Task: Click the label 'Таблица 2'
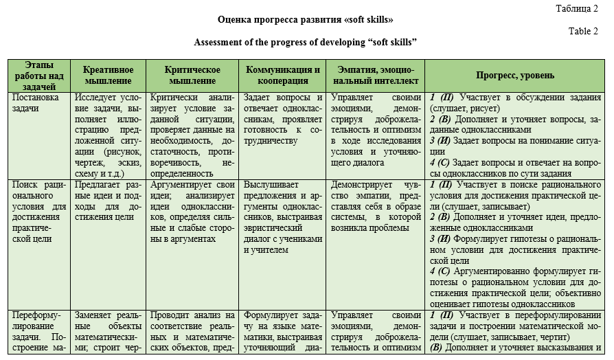coord(578,8)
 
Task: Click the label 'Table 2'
coord(584,31)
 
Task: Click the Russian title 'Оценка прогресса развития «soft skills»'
coord(307,20)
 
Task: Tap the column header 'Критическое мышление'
coord(192,76)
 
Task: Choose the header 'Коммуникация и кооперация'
coord(283,76)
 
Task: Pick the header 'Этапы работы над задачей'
coord(39,76)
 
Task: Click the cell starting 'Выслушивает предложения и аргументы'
coord(283,217)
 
